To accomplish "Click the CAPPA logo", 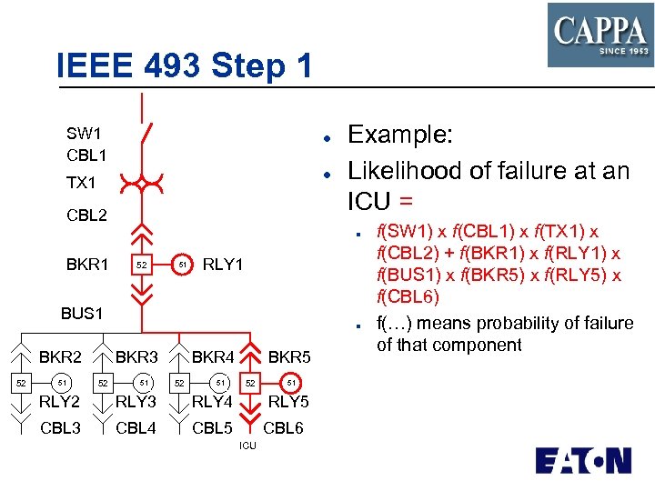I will pos(600,35).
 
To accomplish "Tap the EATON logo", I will pos(583,460).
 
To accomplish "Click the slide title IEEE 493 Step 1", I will pos(184,65).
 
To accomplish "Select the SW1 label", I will pos(84,134).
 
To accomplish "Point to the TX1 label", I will pos(81,183).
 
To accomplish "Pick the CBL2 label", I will pos(86,215).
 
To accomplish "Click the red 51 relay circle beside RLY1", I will pos(182,265).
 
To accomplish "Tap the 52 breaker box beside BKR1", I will pos(141,266).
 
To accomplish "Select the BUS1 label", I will pos(82,313).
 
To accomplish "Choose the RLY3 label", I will pos(136,402).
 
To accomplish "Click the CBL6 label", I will pos(283,428).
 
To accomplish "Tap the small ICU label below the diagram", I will pos(247,446).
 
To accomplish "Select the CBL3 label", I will pos(61,428).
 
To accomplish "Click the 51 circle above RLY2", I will pos(61,383).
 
